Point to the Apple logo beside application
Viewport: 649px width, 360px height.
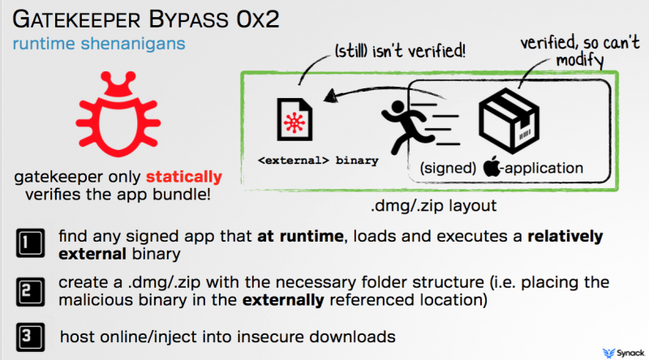[x=492, y=169]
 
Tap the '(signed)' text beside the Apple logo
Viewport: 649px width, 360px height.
[x=448, y=169]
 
